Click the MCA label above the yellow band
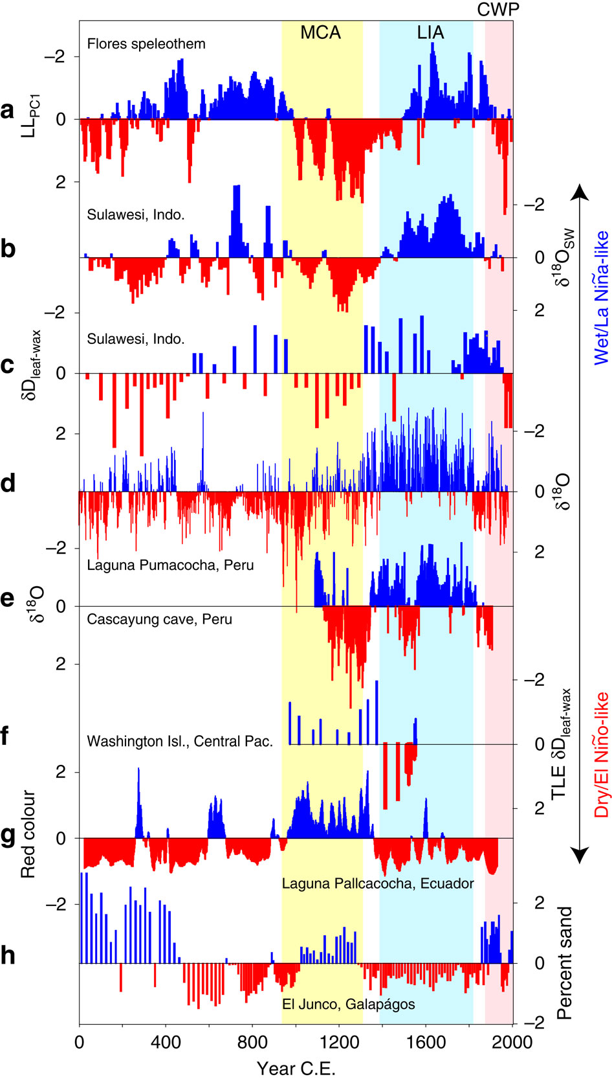tap(320, 32)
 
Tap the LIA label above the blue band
tap(430, 32)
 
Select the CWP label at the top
tap(498, 9)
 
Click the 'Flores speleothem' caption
tap(146, 44)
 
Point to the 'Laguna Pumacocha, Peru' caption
tap(170, 565)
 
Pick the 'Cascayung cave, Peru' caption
tap(159, 619)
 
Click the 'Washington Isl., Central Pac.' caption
tap(180, 741)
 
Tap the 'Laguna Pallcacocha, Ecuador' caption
tap(378, 883)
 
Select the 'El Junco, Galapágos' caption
tap(349, 1004)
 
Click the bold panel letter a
tap(8, 111)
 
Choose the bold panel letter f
tap(5, 736)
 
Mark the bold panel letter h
tap(8, 955)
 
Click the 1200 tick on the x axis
tap(339, 1042)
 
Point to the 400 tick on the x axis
tap(166, 1042)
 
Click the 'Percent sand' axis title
tap(565, 963)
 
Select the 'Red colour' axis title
tap(28, 834)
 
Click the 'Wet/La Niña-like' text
tap(602, 297)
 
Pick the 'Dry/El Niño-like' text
tap(602, 755)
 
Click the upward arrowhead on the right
tap(580, 192)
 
